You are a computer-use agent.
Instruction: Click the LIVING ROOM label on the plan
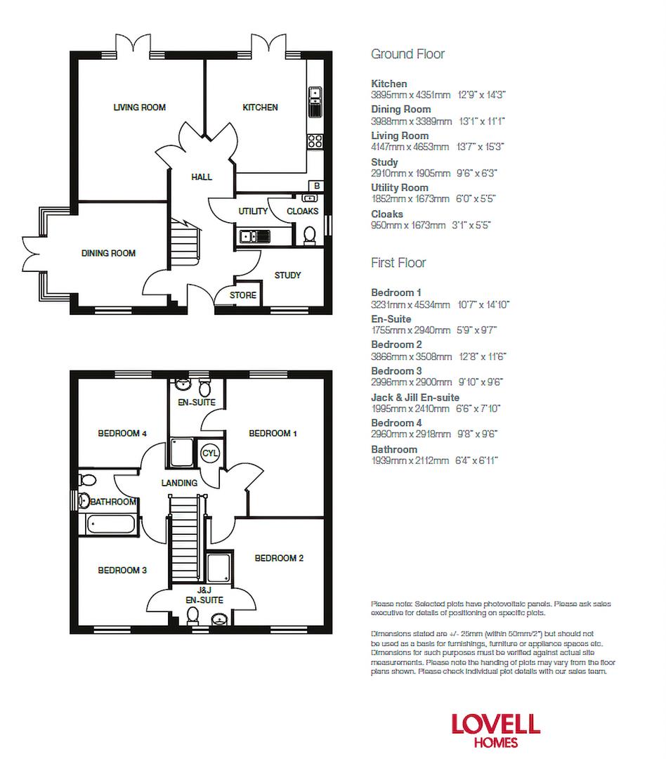(139, 108)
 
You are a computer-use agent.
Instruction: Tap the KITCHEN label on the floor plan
(260, 108)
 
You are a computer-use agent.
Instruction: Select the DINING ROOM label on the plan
(108, 253)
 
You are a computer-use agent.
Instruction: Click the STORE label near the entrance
(243, 295)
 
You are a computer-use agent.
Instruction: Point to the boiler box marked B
(317, 186)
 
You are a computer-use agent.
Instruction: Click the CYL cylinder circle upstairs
(210, 453)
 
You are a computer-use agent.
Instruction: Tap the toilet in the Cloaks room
(309, 234)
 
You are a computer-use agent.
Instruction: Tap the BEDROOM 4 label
(122, 434)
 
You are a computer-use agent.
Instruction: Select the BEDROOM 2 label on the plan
(279, 558)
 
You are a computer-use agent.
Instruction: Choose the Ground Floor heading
(407, 54)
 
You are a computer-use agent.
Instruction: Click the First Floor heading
(398, 263)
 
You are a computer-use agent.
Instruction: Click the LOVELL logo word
(495, 725)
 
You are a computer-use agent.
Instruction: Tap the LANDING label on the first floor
(179, 483)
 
